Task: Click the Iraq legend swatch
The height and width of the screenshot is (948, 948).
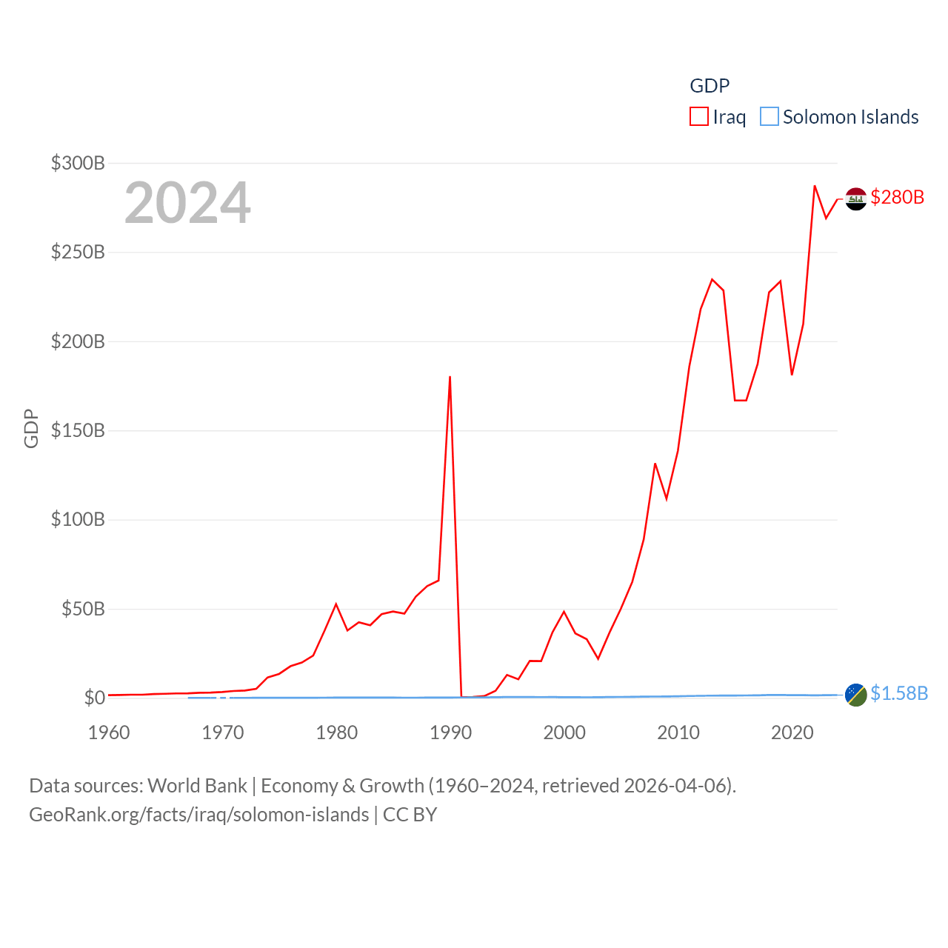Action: (699, 117)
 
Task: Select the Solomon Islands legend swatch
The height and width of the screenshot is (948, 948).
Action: (770, 117)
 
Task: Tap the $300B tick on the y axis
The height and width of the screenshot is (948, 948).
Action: (78, 163)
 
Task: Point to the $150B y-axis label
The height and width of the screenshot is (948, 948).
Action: (78, 430)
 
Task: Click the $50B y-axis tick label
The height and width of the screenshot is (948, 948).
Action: (83, 609)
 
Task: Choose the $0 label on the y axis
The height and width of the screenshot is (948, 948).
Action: (95, 698)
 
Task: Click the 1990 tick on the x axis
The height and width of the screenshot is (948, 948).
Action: (450, 732)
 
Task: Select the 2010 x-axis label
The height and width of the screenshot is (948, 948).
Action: (678, 732)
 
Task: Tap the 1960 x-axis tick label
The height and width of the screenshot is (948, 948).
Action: (109, 732)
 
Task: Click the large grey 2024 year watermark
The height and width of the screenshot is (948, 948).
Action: (187, 203)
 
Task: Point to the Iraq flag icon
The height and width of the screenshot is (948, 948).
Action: (856, 198)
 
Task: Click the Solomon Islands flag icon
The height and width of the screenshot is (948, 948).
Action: (856, 695)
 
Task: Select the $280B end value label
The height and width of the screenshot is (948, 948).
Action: (898, 197)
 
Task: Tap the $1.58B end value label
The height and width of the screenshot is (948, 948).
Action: (899, 693)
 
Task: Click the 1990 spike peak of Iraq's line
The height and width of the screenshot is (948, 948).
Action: (450, 377)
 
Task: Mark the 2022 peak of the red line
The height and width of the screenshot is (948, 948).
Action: (815, 186)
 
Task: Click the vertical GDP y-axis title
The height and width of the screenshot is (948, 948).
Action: (31, 428)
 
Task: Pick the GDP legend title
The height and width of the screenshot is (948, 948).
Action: (710, 86)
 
